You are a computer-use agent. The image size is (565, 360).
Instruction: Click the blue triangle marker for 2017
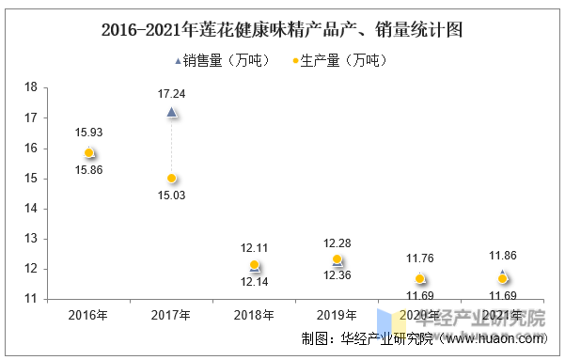click(171, 112)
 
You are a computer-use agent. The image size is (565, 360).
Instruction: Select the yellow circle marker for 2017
click(171, 178)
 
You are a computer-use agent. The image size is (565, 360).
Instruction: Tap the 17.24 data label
click(171, 93)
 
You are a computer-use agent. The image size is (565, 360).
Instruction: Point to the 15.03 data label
click(171, 196)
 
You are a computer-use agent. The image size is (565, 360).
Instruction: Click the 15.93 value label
click(88, 133)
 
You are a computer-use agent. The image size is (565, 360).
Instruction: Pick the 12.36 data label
click(337, 274)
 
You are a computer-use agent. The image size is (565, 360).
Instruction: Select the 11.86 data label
click(502, 255)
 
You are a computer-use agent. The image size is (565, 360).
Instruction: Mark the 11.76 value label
click(419, 258)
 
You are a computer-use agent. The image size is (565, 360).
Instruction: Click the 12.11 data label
click(254, 247)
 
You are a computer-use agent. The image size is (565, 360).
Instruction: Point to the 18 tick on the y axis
click(30, 87)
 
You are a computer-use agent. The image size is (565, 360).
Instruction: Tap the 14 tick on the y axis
click(30, 209)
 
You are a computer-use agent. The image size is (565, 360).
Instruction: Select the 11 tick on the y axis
click(30, 299)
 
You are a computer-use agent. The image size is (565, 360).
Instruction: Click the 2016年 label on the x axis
click(88, 315)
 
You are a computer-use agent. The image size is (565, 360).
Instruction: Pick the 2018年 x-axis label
click(254, 315)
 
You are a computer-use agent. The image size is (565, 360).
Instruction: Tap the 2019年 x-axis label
click(337, 315)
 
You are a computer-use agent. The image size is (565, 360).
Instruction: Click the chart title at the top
click(282, 29)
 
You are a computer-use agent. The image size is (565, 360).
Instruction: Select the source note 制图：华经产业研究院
click(374, 339)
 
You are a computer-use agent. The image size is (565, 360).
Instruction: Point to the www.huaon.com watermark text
click(498, 339)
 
